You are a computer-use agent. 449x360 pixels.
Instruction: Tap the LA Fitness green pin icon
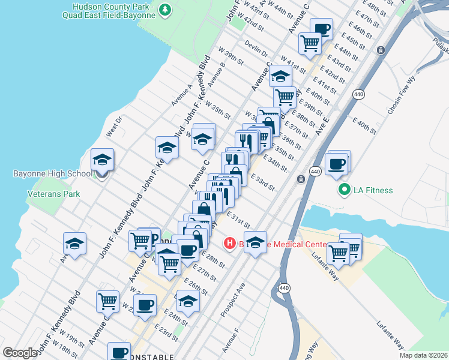tap(345, 191)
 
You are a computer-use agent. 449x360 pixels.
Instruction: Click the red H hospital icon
tap(229, 243)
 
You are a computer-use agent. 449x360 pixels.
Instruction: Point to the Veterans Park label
tap(53, 194)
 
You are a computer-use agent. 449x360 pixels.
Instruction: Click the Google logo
tap(20, 353)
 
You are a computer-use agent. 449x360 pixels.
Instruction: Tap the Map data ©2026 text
tap(423, 355)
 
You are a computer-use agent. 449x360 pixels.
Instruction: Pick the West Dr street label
tap(113, 127)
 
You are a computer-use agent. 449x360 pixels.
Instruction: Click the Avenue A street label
tap(182, 95)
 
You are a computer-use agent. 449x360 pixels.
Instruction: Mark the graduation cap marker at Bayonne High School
tap(102, 161)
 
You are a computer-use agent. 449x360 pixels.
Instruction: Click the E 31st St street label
tap(238, 219)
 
